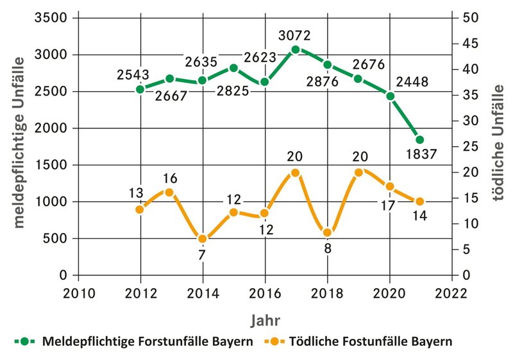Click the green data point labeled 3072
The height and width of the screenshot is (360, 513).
pyautogui.click(x=296, y=49)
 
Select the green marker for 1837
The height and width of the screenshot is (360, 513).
pyautogui.click(x=420, y=140)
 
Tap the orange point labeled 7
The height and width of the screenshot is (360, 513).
pyautogui.click(x=202, y=239)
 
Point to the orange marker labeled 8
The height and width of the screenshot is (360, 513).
pyautogui.click(x=327, y=233)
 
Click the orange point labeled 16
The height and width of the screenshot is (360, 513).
pyautogui.click(x=170, y=192)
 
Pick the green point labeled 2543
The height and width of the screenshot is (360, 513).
pyautogui.click(x=140, y=89)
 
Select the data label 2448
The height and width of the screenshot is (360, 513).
pyautogui.click(x=412, y=81)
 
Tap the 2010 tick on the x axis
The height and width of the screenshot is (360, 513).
pyautogui.click(x=78, y=293)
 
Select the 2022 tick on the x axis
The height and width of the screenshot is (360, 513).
pyautogui.click(x=451, y=293)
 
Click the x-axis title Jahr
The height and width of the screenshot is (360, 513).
pyautogui.click(x=264, y=319)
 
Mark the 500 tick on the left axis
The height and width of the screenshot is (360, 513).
pyautogui.click(x=58, y=239)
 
